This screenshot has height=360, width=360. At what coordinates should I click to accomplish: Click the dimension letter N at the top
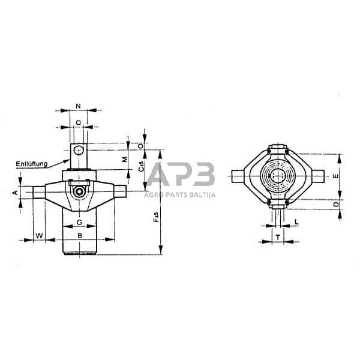tap(79, 106)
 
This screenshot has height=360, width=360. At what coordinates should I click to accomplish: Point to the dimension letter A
tap(15, 192)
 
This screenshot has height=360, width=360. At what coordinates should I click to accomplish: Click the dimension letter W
tap(39, 235)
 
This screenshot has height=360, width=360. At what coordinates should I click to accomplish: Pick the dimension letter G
tap(80, 223)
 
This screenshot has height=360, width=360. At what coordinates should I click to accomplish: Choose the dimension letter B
tap(80, 235)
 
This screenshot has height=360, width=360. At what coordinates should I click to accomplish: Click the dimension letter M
tap(124, 160)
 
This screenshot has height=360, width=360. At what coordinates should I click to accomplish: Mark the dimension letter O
tap(140, 145)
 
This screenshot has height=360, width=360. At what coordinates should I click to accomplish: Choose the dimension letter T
tap(278, 236)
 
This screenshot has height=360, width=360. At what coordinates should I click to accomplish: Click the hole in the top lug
tap(79, 151)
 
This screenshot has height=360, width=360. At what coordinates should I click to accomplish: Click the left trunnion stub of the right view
tap(239, 176)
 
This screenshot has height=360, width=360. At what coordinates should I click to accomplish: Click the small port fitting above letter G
tap(79, 191)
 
